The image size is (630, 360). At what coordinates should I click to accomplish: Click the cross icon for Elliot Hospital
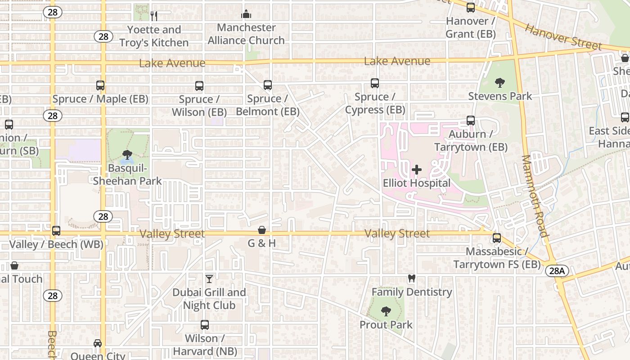pyautogui.click(x=417, y=170)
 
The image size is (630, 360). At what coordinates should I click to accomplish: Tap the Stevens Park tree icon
pyautogui.click(x=499, y=82)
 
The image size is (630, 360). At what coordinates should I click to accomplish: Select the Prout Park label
pyautogui.click(x=386, y=324)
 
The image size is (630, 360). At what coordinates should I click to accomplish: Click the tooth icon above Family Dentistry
pyautogui.click(x=411, y=279)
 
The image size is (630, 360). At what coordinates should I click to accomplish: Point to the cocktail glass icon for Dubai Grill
pyautogui.click(x=209, y=279)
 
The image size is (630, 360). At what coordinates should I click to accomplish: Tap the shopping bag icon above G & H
pyautogui.click(x=262, y=230)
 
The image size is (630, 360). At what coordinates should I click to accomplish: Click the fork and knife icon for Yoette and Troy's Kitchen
pyautogui.click(x=154, y=16)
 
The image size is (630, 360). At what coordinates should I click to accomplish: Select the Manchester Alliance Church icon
pyautogui.click(x=246, y=14)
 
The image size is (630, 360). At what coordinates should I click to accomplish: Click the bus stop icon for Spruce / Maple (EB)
pyautogui.click(x=100, y=85)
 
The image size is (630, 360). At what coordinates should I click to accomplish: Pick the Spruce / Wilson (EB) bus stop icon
pyautogui.click(x=199, y=85)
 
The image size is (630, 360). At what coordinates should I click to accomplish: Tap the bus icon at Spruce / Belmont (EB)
pyautogui.click(x=268, y=85)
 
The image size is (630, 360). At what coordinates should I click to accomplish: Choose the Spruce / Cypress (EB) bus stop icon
pyautogui.click(x=375, y=83)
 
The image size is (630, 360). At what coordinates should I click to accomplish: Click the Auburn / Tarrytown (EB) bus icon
pyautogui.click(x=471, y=121)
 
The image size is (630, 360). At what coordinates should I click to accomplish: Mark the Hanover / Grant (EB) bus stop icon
pyautogui.click(x=471, y=8)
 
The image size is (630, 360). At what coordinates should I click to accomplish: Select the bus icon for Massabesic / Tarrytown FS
pyautogui.click(x=497, y=238)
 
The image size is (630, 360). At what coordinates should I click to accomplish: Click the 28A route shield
pyautogui.click(x=557, y=270)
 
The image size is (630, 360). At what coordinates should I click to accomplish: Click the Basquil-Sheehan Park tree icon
pyautogui.click(x=127, y=155)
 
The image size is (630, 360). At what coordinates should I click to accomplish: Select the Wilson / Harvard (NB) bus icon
pyautogui.click(x=205, y=324)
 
